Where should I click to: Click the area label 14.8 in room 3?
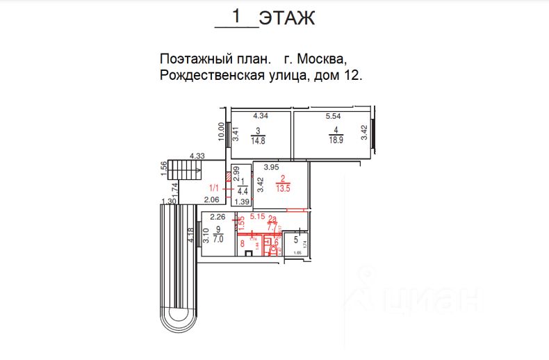click(x=258, y=139)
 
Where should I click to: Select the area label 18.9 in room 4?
click(x=336, y=139)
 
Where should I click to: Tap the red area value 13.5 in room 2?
click(x=283, y=186)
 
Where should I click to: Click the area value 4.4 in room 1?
click(x=243, y=190)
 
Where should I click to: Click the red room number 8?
click(x=242, y=244)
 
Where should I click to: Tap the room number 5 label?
click(x=295, y=241)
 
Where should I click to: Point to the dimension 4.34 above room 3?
click(x=260, y=115)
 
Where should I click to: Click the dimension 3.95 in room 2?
click(x=270, y=167)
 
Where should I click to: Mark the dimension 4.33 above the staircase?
click(x=197, y=156)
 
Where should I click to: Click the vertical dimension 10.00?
click(x=222, y=131)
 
